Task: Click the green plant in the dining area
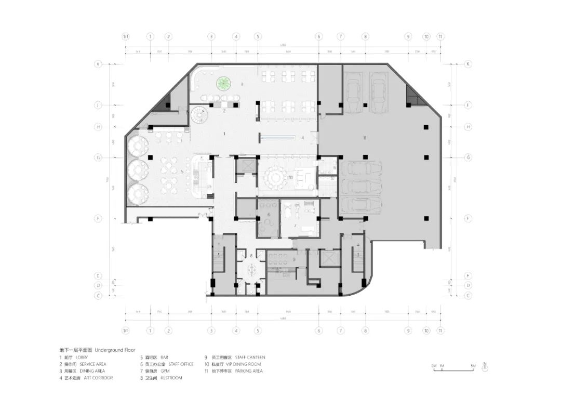point(224,83)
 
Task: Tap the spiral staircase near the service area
point(199,114)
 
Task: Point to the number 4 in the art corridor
point(302,138)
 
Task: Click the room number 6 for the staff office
point(269,214)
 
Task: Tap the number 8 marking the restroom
point(251,256)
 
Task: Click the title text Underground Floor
point(109,350)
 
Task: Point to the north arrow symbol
point(484,367)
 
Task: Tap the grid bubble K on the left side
point(97,64)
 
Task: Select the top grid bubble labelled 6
point(319,37)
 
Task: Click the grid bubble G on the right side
point(468,157)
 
